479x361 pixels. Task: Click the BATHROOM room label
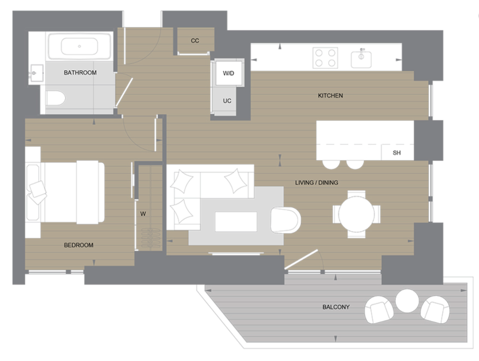click(x=80, y=73)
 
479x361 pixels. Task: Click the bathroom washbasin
click(x=37, y=74)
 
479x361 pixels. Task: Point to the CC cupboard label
click(x=195, y=41)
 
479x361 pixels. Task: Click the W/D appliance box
click(x=228, y=73)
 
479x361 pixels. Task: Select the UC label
click(x=227, y=101)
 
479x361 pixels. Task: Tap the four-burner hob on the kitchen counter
click(x=326, y=57)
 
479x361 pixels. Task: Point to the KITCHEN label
click(x=330, y=96)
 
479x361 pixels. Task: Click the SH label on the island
click(x=397, y=153)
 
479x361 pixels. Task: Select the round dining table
click(x=356, y=214)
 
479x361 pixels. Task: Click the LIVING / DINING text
click(x=316, y=182)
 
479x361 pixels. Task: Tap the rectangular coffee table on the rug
click(x=236, y=222)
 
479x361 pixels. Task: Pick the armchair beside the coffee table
click(x=285, y=219)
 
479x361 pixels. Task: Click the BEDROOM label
click(x=79, y=245)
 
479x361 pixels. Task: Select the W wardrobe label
click(x=143, y=214)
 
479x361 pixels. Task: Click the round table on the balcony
click(x=407, y=301)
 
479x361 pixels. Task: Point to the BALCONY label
click(x=336, y=307)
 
